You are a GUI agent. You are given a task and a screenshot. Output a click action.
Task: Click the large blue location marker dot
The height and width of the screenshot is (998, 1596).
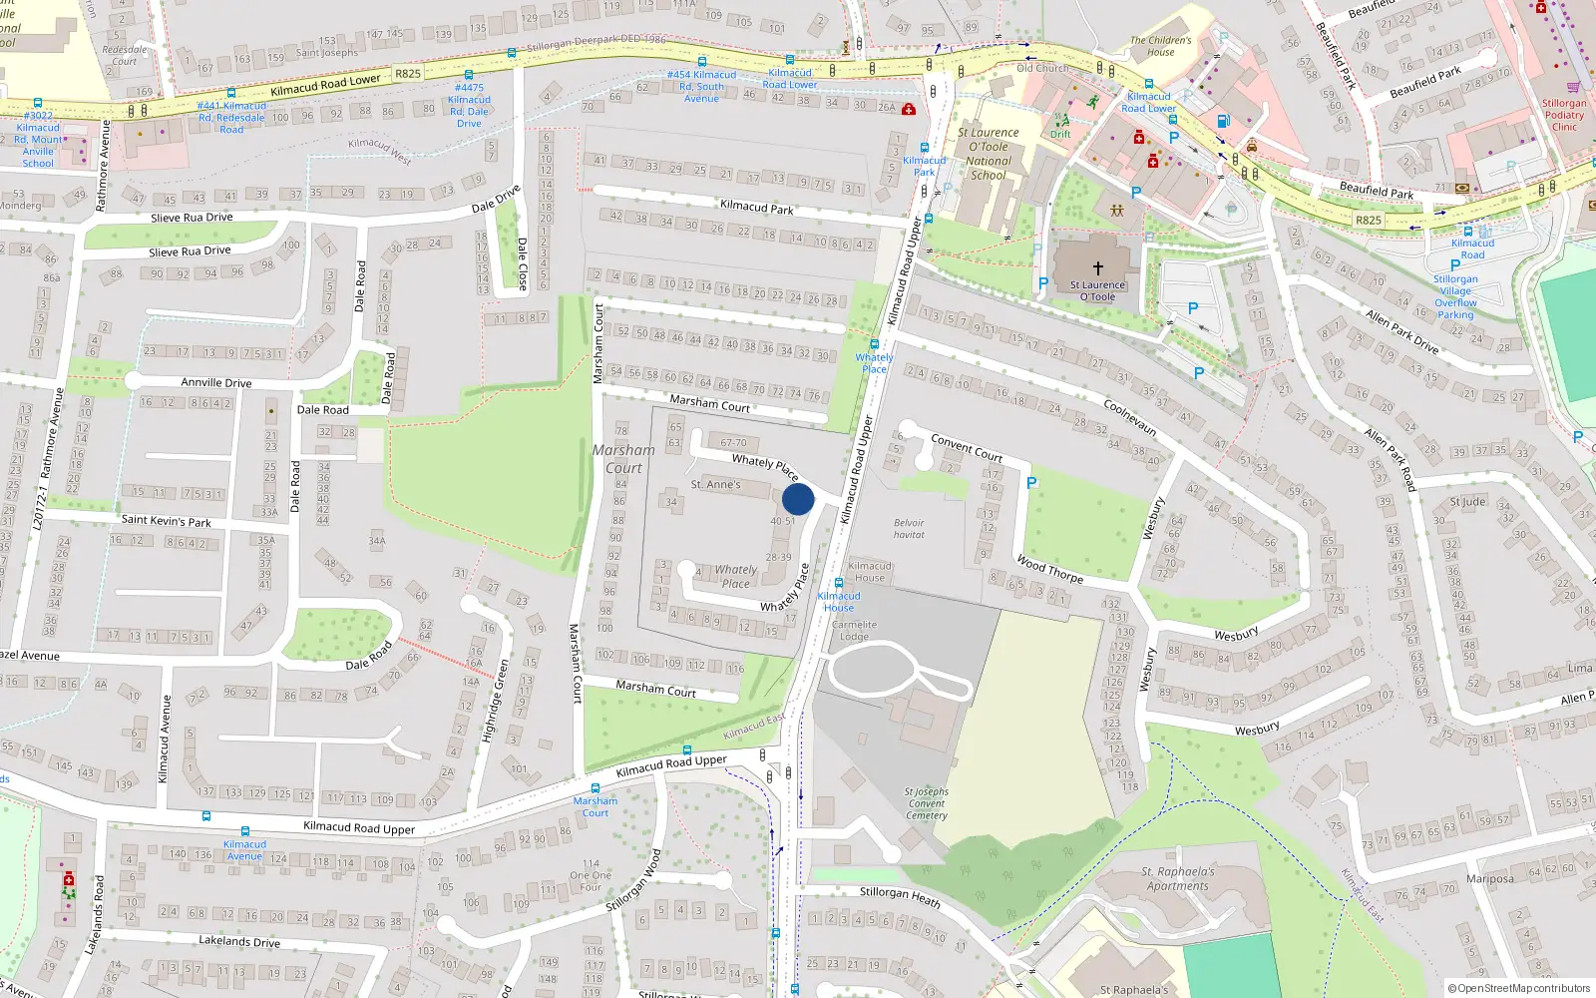[x=798, y=499]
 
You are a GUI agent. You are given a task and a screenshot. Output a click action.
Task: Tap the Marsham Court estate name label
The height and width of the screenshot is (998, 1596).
[x=623, y=459]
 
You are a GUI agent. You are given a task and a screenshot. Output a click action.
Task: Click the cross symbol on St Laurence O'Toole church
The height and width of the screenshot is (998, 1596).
[x=1097, y=268]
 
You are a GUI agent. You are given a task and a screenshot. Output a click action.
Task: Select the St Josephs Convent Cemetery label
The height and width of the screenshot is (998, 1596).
[x=927, y=803]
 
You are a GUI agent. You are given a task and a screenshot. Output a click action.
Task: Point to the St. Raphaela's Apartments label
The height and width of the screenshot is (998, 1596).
[x=1177, y=878]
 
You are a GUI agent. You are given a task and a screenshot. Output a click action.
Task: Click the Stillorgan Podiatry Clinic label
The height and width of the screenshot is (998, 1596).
[x=1563, y=115]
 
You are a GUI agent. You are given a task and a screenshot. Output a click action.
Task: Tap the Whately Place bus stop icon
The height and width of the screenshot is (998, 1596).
[x=874, y=344]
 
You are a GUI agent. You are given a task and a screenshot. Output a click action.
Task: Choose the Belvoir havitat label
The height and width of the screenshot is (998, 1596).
[x=909, y=529]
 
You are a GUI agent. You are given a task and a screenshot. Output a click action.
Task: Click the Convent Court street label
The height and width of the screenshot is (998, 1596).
[x=966, y=447]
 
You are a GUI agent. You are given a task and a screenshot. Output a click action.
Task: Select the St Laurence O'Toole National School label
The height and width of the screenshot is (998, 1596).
[x=989, y=154]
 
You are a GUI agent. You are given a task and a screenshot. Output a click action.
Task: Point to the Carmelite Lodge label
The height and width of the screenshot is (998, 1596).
[x=854, y=631]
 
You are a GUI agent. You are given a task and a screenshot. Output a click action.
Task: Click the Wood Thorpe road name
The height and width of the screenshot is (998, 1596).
[x=1049, y=570]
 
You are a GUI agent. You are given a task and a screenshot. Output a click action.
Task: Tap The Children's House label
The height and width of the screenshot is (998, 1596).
[x=1160, y=46]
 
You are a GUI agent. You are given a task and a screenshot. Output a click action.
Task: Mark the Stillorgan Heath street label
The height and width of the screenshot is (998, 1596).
[x=900, y=896]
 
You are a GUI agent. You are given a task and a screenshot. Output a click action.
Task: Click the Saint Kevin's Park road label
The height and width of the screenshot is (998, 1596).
[x=166, y=520]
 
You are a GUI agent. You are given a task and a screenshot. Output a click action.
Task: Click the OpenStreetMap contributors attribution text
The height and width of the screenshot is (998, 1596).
[x=1519, y=988]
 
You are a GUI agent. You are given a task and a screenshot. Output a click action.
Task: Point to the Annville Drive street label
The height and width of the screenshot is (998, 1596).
[x=215, y=382]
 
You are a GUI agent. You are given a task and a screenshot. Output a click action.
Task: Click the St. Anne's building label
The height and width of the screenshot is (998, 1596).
[x=715, y=485]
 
